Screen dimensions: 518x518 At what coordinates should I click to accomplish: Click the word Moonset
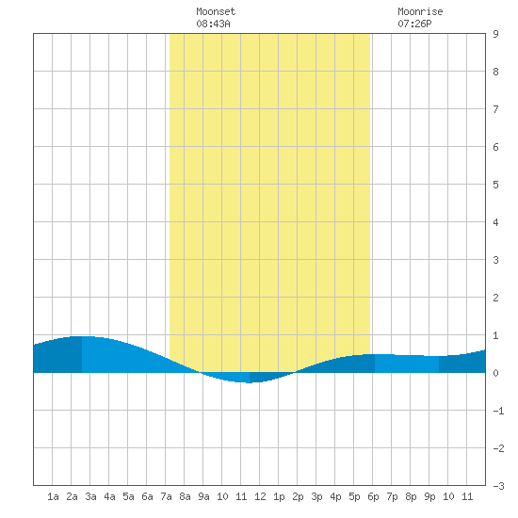coord(216,11)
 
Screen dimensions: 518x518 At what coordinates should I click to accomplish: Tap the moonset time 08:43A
coord(213,24)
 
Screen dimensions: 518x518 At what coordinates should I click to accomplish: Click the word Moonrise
coord(420,11)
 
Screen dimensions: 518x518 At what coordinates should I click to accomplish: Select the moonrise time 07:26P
coord(414,24)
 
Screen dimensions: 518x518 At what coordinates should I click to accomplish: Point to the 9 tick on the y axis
coord(495,34)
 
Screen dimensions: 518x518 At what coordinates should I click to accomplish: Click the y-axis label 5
coord(495,185)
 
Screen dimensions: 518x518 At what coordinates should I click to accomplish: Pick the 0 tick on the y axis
coord(495,373)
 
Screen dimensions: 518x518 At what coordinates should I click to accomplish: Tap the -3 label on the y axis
coord(498,486)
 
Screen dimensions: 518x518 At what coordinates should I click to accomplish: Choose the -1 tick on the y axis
coord(498,411)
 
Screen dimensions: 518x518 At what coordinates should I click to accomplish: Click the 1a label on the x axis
coord(53,496)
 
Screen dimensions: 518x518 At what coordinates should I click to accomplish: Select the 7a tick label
coord(166,496)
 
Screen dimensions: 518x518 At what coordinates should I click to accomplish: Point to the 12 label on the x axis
coord(260,496)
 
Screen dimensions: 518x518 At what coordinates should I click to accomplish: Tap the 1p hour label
coord(279,496)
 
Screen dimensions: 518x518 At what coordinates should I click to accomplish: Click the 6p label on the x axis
coord(373,496)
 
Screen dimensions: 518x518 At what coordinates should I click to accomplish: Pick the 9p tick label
coord(429,496)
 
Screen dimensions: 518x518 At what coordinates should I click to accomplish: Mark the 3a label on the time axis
coord(90,496)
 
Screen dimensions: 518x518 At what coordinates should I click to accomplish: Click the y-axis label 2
coord(495,298)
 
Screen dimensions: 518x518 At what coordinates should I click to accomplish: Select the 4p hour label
coord(335,496)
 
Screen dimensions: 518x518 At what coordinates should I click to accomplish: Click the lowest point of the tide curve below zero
coord(249,382)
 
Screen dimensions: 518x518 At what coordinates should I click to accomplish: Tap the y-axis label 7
coord(495,109)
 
